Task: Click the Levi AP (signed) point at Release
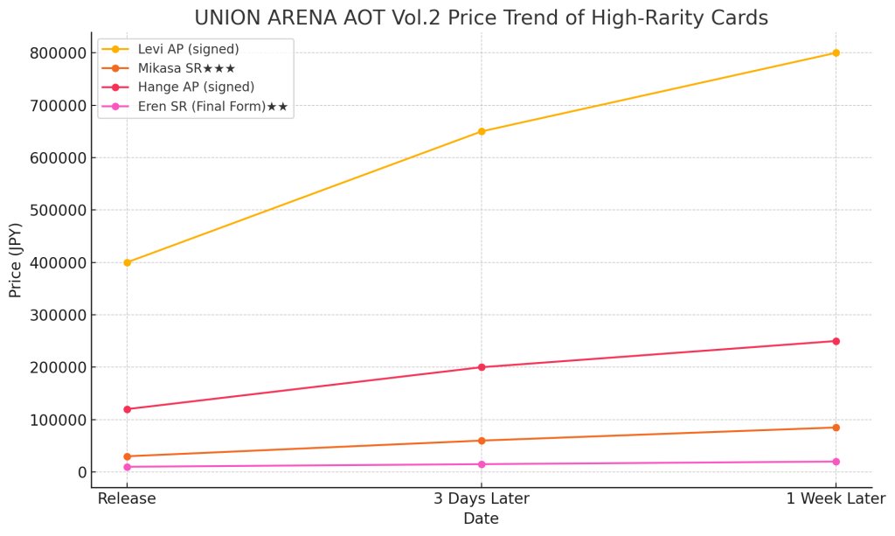[x=127, y=262]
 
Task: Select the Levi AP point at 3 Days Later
[x=482, y=131]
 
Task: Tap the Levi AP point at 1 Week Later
[x=836, y=52]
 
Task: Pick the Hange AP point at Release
[x=127, y=409]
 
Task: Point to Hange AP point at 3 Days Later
[x=482, y=367]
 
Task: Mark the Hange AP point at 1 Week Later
[x=836, y=341]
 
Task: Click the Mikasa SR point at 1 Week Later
[x=836, y=428]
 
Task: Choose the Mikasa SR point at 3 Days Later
[x=482, y=441]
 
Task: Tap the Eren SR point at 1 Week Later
[x=836, y=462]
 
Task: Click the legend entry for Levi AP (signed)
[x=188, y=49]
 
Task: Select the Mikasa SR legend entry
[x=186, y=68]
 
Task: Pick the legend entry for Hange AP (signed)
[x=196, y=87]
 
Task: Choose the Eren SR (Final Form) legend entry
[x=212, y=107]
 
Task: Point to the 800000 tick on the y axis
[x=59, y=53]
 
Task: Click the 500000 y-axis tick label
[x=59, y=211]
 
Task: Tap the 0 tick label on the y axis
[x=82, y=473]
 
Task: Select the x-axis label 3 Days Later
[x=482, y=499]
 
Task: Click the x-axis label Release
[x=127, y=499]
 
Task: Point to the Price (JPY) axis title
[x=16, y=260]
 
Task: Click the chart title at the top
[x=481, y=17]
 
